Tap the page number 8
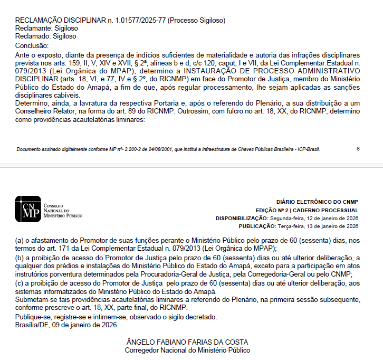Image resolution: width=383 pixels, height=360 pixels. coord(358,148)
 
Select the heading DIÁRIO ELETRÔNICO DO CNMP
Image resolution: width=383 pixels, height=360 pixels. coord(317,202)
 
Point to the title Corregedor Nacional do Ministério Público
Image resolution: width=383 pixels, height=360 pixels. coord(188,350)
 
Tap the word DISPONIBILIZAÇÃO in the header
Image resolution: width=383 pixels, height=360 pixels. coord(242,218)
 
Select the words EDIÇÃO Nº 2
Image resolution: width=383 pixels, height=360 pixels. coord(274,210)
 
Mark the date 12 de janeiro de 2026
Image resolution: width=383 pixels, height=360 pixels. coord(332,218)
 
